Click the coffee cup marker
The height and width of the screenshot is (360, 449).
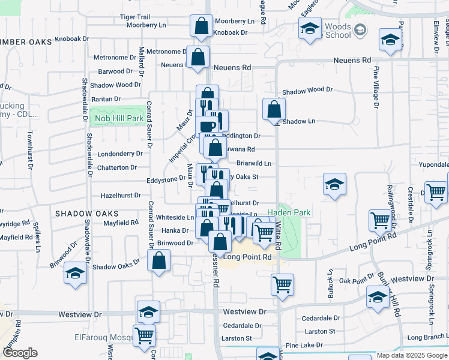click(x=207, y=127)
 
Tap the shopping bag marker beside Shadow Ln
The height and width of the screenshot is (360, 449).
click(x=274, y=110)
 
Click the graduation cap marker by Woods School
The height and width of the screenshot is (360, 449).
click(x=310, y=29)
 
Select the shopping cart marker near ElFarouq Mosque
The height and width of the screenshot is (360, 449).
click(x=144, y=336)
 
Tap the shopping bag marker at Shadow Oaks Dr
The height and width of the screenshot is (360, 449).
click(x=158, y=261)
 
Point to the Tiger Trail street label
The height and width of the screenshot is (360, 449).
click(x=134, y=17)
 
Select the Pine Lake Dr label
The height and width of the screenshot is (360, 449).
click(x=304, y=346)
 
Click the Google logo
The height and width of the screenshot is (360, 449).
click(x=19, y=353)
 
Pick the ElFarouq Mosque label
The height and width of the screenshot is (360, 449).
click(x=103, y=338)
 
